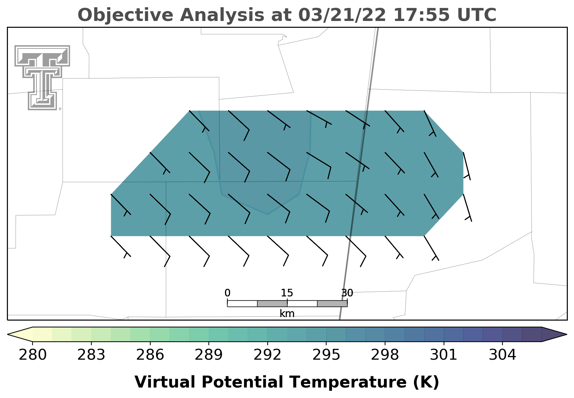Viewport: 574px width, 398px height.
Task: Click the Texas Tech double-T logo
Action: (x=42, y=78)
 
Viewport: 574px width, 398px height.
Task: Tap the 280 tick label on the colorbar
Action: (x=33, y=355)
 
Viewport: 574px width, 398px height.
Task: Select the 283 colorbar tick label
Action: (x=91, y=355)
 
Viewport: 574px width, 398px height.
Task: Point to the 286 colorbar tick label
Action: (x=150, y=355)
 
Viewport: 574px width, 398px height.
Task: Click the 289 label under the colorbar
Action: (x=208, y=355)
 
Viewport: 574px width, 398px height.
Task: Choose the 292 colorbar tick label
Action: (x=267, y=355)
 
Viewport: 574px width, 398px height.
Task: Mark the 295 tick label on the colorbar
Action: (x=326, y=355)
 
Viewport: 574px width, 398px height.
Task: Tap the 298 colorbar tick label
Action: (x=385, y=355)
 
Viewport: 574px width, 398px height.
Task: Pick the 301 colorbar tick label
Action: (x=444, y=355)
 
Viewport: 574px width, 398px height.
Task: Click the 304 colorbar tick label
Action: (x=502, y=355)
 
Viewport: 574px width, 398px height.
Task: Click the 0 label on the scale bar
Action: (x=227, y=293)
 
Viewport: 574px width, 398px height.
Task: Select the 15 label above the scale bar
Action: (x=287, y=293)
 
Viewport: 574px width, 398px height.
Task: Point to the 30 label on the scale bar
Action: (x=347, y=293)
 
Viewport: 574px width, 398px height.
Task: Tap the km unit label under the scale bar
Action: (x=287, y=313)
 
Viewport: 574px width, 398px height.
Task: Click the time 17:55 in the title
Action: (x=421, y=15)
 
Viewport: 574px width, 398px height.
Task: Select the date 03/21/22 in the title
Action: (x=342, y=15)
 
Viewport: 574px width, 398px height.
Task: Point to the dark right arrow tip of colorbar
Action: (x=566, y=334)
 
